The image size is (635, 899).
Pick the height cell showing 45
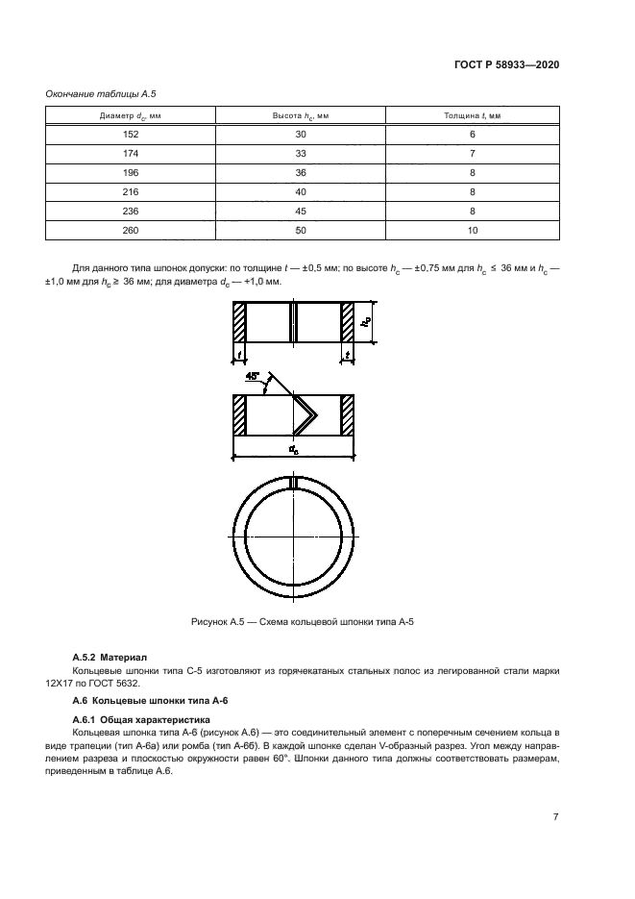301,212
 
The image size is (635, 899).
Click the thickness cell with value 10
473,231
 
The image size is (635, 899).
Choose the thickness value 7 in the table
473,154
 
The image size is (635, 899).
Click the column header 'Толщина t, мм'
473,115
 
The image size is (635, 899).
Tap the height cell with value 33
301,154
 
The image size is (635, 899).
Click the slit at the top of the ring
293,482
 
